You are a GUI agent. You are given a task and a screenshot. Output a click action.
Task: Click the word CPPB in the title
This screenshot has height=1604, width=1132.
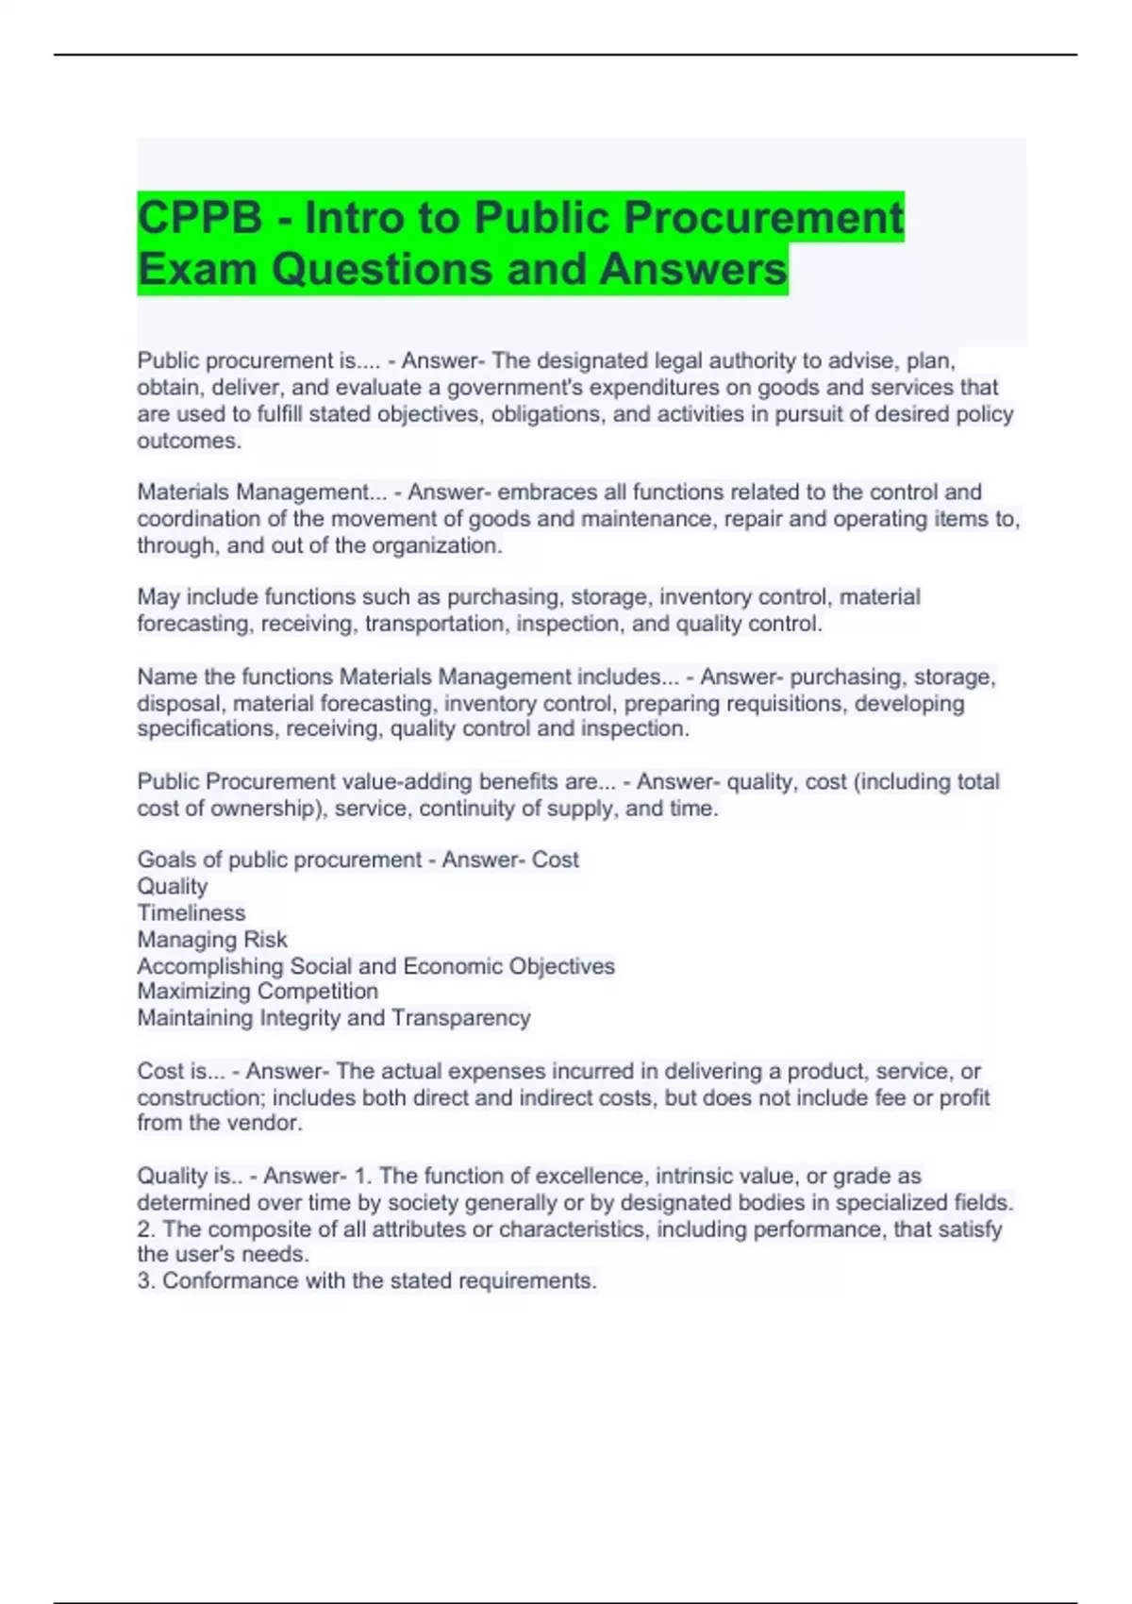(200, 218)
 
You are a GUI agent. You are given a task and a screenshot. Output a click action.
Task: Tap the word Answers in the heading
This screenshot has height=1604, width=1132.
(692, 269)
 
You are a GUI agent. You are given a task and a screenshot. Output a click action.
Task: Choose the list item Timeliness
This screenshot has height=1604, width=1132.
(191, 913)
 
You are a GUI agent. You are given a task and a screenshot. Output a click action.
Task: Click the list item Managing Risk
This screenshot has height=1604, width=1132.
(212, 940)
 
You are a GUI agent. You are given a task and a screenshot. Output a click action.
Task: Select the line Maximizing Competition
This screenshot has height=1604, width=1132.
(258, 992)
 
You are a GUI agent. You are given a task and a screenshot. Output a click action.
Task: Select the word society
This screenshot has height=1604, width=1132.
(424, 1203)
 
